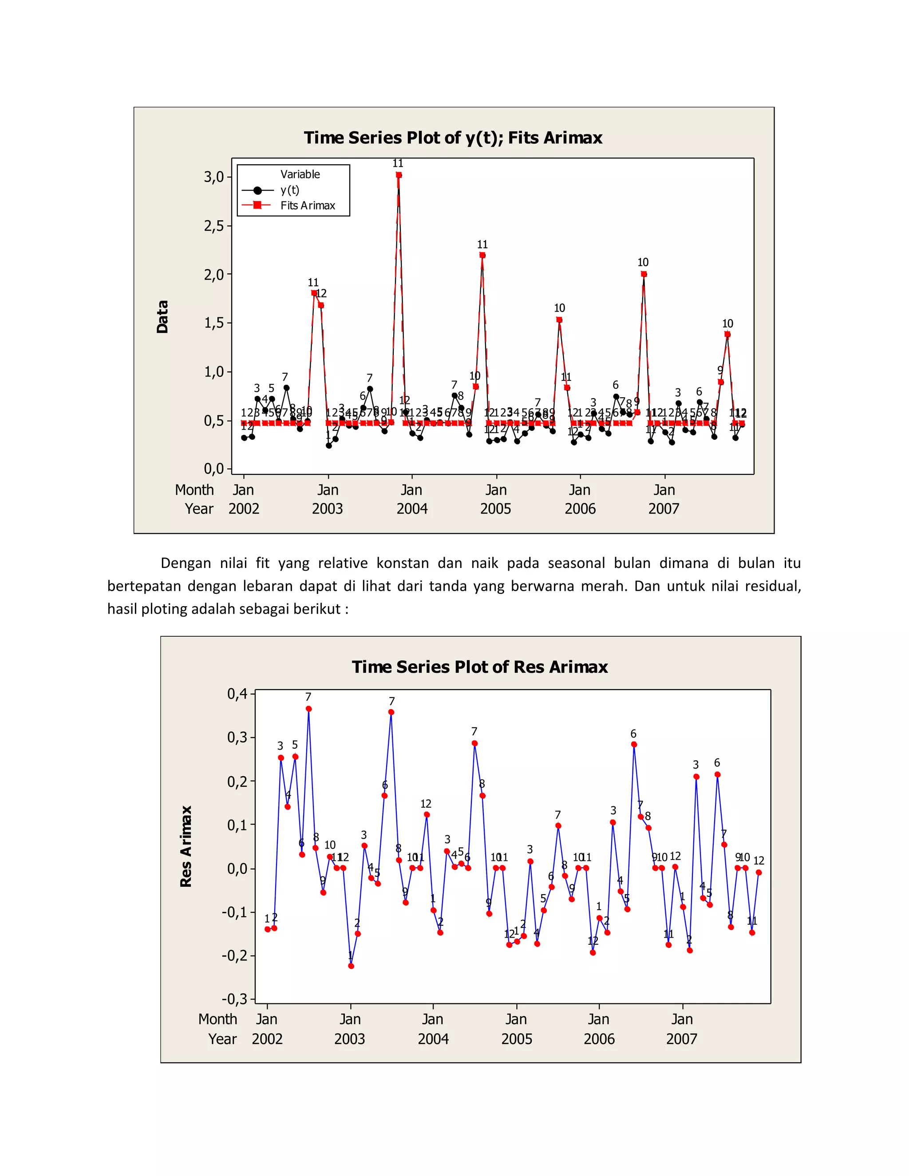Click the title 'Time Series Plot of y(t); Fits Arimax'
[x=453, y=138]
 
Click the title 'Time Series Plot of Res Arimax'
[x=480, y=667]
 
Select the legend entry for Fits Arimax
[x=308, y=205]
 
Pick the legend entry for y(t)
[x=290, y=190]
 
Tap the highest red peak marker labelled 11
[x=399, y=175]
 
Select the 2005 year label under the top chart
[x=495, y=509]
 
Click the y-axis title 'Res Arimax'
[x=186, y=846]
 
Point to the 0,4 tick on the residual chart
[x=237, y=694]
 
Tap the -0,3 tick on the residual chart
[x=235, y=999]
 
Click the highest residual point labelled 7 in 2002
[x=308, y=709]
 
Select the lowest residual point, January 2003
[x=351, y=966]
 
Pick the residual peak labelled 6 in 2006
[x=634, y=745]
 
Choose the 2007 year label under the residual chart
[x=681, y=1039]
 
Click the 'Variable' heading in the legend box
[x=300, y=174]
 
